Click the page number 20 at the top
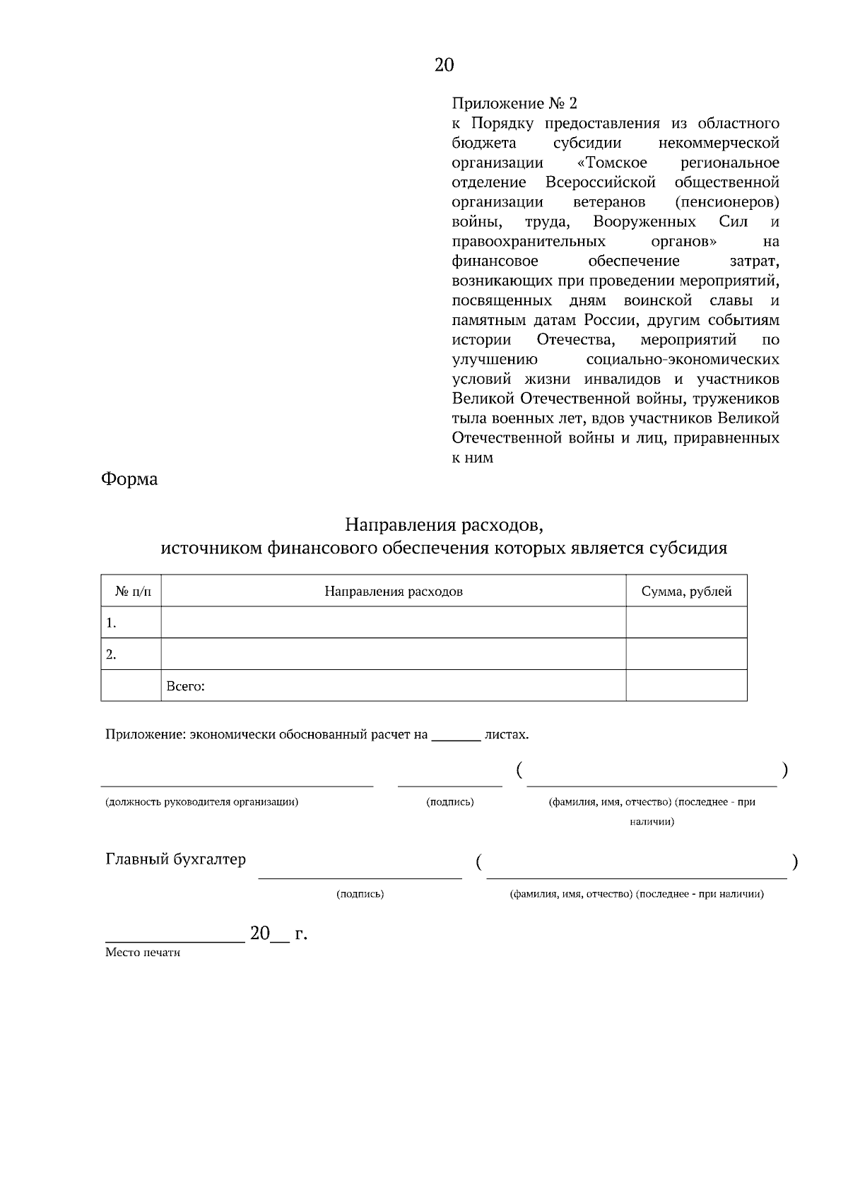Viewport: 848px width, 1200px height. (x=444, y=65)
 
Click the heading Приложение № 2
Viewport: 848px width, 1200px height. (x=514, y=104)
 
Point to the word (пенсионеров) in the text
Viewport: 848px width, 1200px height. (x=727, y=202)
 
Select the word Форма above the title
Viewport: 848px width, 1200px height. (x=129, y=479)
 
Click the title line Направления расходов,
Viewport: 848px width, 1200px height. (x=444, y=525)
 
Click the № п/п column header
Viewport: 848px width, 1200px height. (x=132, y=592)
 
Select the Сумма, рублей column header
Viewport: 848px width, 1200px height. (x=686, y=592)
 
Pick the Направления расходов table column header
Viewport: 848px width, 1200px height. (x=394, y=592)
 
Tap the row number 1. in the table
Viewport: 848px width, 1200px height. (x=111, y=623)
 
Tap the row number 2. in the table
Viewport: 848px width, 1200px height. (x=111, y=654)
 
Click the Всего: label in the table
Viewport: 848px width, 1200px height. (x=185, y=686)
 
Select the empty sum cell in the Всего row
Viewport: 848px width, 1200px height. (x=686, y=686)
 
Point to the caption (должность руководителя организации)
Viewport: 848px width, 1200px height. (x=201, y=802)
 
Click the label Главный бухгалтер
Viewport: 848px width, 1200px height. (x=175, y=859)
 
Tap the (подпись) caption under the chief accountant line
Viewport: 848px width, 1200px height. (x=360, y=894)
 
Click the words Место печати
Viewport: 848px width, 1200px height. (x=143, y=953)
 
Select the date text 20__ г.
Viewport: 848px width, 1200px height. (x=278, y=934)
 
